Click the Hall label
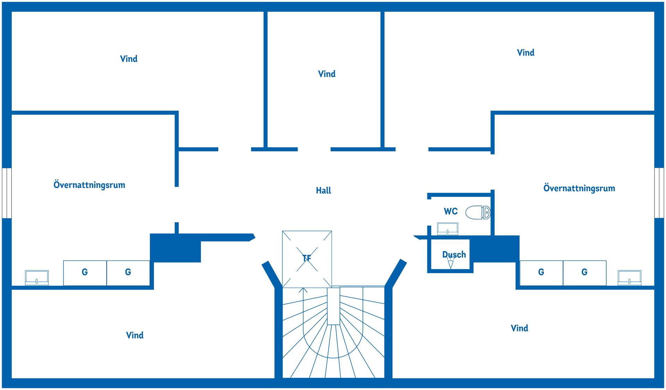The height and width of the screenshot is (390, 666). coord(323,190)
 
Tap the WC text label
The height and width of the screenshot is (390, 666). coord(451,211)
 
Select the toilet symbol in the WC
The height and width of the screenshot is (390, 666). coord(478,213)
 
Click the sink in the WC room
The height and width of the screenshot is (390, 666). coord(447,229)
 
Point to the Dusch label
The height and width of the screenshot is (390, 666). coord(454,254)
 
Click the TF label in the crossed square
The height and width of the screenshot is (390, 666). coord(307,258)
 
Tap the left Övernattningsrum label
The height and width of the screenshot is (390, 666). coord(89,185)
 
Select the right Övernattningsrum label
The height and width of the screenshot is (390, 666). coord(579,188)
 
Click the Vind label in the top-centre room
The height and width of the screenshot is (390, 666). coord(327,74)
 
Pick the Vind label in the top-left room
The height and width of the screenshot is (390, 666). coord(129,59)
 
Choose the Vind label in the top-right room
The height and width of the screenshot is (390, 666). coord(526,53)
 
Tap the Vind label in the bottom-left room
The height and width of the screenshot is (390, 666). coord(135,335)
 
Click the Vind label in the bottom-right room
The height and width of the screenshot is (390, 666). coord(519,328)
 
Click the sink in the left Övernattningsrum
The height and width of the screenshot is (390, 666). coord(37,278)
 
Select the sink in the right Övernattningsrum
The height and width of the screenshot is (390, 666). coord(630,278)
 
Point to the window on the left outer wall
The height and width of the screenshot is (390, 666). coord(7,193)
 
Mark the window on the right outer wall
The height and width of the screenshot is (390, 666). coord(659,193)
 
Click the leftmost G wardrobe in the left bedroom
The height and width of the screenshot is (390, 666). coord(85,273)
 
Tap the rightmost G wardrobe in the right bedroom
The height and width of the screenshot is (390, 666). coord(584,273)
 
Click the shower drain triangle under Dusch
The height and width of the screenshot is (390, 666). coord(451,265)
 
